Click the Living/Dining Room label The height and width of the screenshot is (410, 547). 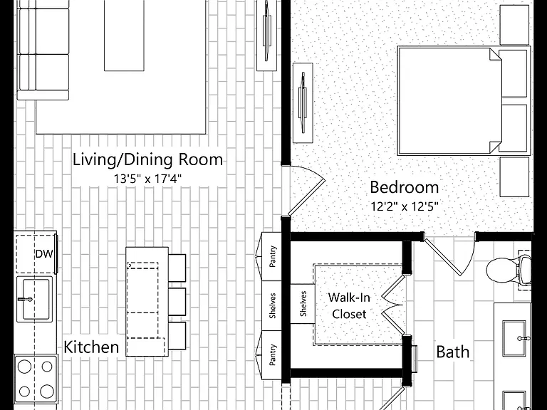point(147,159)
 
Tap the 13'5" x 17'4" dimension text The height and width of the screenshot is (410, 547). point(147,179)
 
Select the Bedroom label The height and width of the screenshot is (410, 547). point(405,187)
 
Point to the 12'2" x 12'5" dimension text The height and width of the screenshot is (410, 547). point(405,206)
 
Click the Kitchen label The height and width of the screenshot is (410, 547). point(91,347)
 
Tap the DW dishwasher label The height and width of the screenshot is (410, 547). point(44,254)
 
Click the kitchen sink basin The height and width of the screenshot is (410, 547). point(35,299)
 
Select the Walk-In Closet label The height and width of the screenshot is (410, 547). point(349,306)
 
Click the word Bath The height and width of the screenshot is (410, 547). point(453,352)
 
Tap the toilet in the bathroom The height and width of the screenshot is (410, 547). point(509,270)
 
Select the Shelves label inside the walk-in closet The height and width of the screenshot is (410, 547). point(303,304)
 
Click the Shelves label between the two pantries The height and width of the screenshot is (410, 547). point(273,305)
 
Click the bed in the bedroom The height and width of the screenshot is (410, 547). point(464,101)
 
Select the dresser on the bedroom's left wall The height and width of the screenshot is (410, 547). point(303,102)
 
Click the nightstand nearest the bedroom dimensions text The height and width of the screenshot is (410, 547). point(514,177)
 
